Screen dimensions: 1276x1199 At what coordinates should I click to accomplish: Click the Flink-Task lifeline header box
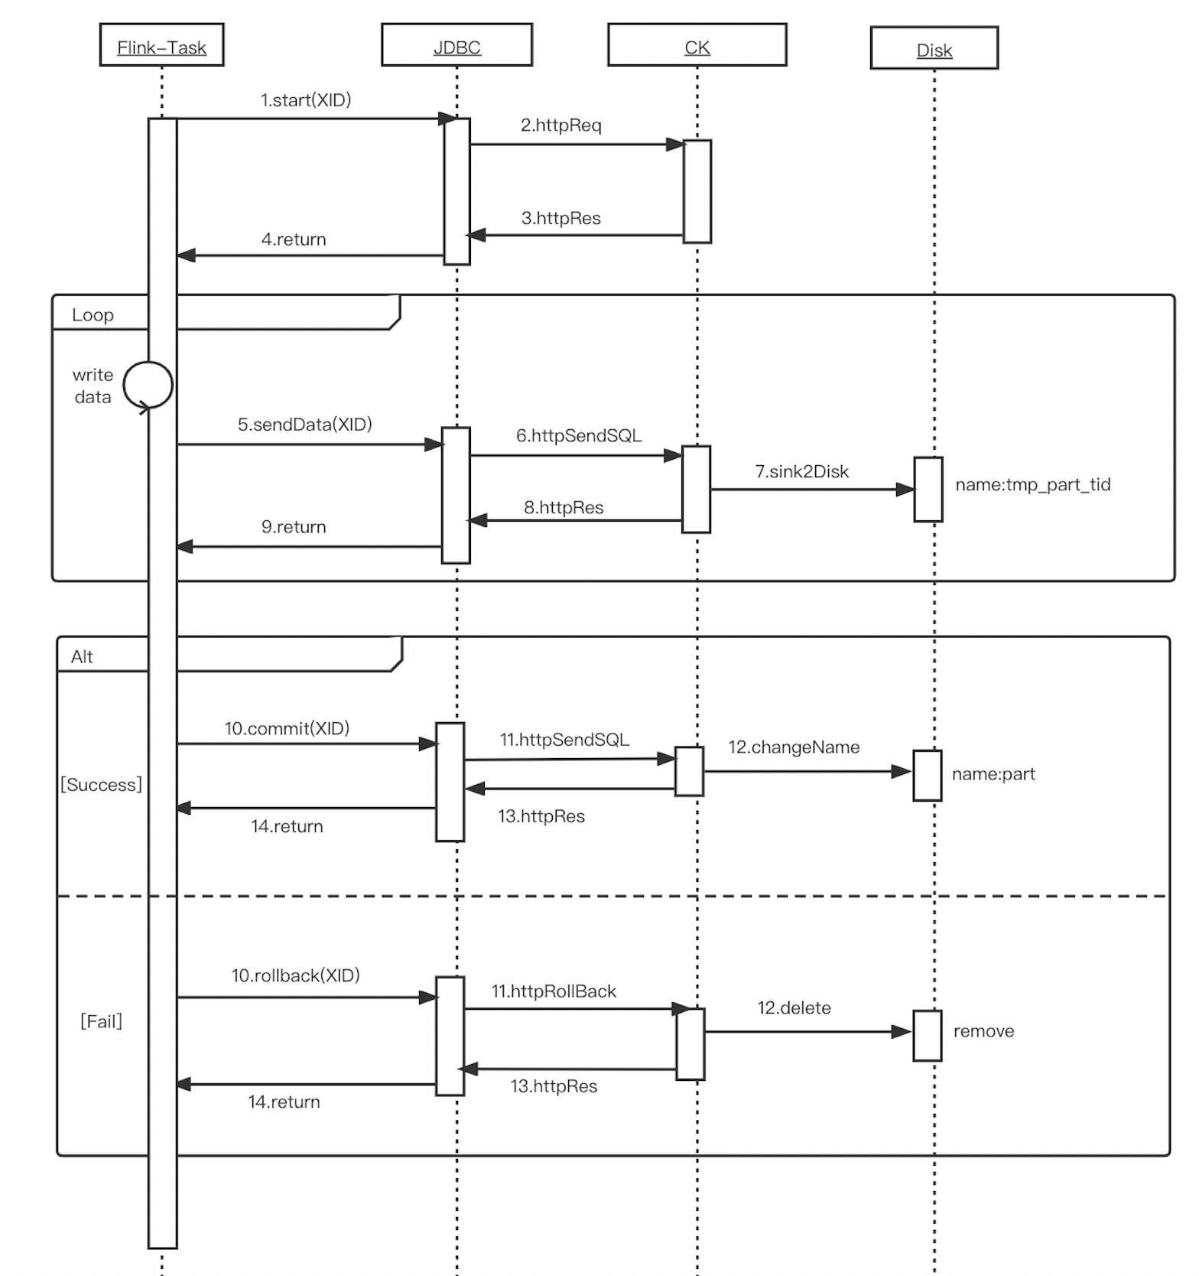pyautogui.click(x=161, y=45)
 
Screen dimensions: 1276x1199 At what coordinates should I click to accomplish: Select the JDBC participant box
pyautogui.click(x=457, y=45)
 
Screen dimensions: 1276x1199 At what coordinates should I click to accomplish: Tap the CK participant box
pyautogui.click(x=697, y=45)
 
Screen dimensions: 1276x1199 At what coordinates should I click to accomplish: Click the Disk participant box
pyautogui.click(x=934, y=48)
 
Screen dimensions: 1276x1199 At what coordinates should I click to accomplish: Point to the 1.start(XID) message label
pyautogui.click(x=305, y=100)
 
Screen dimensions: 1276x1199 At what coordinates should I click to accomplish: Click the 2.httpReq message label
pyautogui.click(x=561, y=125)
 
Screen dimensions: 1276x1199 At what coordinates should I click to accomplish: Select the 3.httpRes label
pyautogui.click(x=561, y=218)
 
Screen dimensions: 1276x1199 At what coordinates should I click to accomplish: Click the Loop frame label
pyautogui.click(x=93, y=315)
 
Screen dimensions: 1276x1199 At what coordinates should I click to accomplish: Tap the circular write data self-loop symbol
pyautogui.click(x=148, y=385)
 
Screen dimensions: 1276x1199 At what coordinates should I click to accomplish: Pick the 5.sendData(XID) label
pyautogui.click(x=304, y=425)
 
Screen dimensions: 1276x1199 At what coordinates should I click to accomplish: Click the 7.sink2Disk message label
pyautogui.click(x=801, y=472)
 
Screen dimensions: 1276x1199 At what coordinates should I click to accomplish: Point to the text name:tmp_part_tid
pyautogui.click(x=1032, y=484)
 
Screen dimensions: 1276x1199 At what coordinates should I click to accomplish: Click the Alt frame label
pyautogui.click(x=82, y=656)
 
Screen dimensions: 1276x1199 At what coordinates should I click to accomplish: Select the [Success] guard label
pyautogui.click(x=101, y=785)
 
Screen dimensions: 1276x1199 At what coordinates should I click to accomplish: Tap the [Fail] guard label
pyautogui.click(x=101, y=1021)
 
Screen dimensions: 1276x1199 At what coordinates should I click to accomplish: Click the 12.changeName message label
pyautogui.click(x=793, y=747)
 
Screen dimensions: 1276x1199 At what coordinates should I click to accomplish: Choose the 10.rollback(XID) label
pyautogui.click(x=295, y=975)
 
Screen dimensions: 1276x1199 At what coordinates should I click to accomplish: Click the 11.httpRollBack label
pyautogui.click(x=553, y=991)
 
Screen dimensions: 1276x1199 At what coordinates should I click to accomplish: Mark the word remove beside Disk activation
pyautogui.click(x=983, y=1031)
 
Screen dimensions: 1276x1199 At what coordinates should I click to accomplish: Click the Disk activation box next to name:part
pyautogui.click(x=927, y=776)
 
